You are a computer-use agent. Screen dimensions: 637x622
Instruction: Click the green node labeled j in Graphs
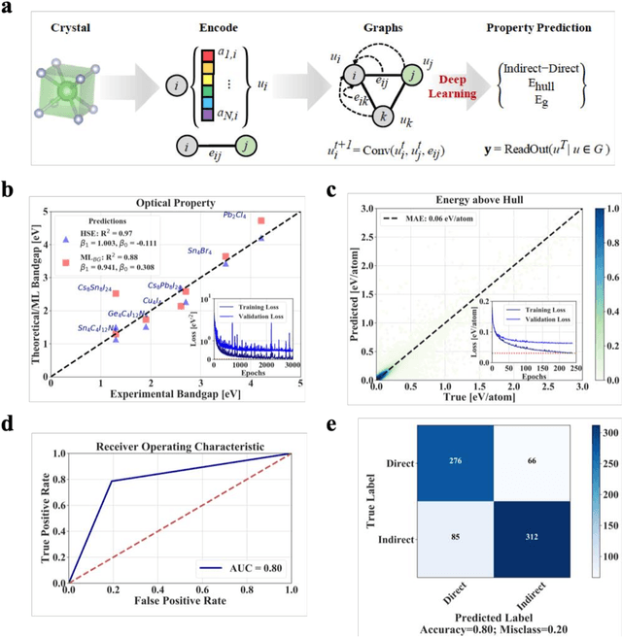[x=410, y=69]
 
